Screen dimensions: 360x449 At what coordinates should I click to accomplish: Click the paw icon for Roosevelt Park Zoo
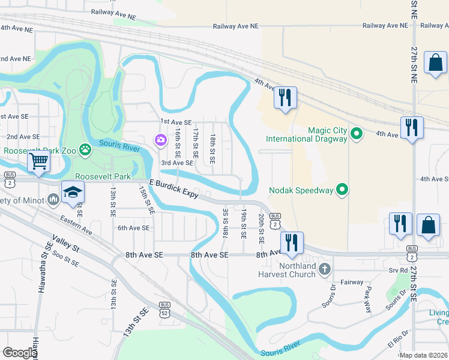(x=86, y=149)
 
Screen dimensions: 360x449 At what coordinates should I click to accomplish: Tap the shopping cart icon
(x=38, y=161)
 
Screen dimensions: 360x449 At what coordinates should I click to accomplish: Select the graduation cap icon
(x=72, y=192)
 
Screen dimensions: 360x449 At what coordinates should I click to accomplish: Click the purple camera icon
(x=160, y=140)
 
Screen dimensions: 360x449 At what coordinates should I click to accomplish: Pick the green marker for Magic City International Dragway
(x=357, y=133)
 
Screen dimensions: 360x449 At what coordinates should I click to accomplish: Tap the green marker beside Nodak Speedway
(x=342, y=190)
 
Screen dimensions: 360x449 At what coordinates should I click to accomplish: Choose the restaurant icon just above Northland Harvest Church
(x=292, y=242)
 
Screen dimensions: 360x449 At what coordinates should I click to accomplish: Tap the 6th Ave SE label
(x=133, y=228)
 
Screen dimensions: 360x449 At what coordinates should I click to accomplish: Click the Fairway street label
(x=352, y=282)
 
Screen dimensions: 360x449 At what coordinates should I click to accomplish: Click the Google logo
(x=19, y=353)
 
